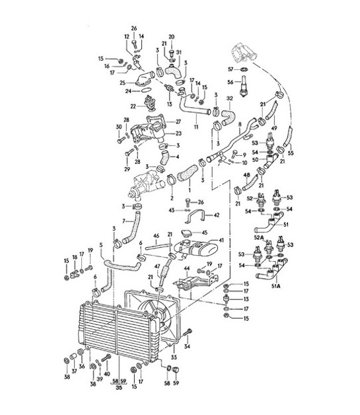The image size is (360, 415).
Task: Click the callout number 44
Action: click(x=186, y=269)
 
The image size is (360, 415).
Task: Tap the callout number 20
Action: click(x=171, y=36)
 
